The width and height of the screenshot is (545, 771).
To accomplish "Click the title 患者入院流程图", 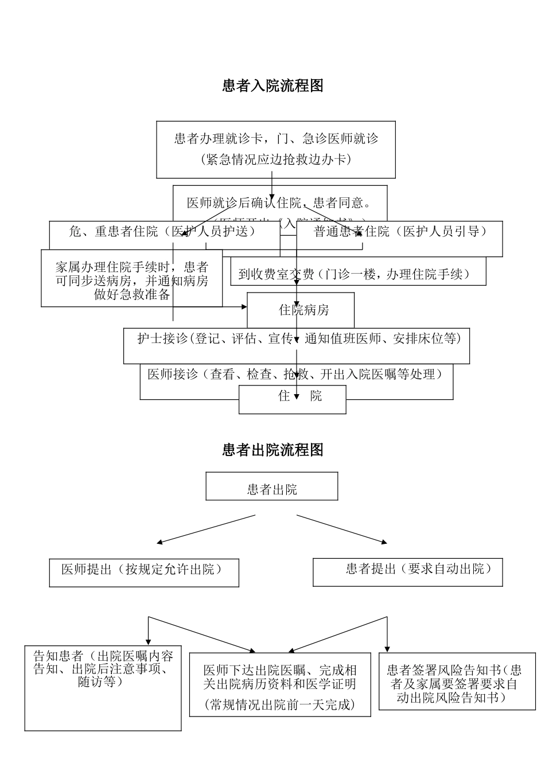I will (x=272, y=86).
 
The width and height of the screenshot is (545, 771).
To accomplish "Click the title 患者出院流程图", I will (x=272, y=450).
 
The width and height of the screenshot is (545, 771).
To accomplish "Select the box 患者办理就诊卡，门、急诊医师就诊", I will (x=276, y=149).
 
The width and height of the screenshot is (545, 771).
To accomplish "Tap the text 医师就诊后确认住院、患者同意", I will (x=279, y=203).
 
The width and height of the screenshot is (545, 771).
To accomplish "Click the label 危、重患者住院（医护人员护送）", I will (x=162, y=231).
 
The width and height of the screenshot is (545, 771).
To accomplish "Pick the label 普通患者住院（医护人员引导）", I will (x=400, y=232).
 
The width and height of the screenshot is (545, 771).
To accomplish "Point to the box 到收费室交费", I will (x=355, y=275).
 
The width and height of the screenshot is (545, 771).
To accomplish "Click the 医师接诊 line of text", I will (x=295, y=375).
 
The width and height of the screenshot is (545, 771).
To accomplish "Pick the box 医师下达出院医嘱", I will (x=280, y=685).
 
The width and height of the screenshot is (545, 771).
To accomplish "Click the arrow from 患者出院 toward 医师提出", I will (x=207, y=528).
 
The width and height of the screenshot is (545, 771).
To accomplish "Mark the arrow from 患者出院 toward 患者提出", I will (x=342, y=528).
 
